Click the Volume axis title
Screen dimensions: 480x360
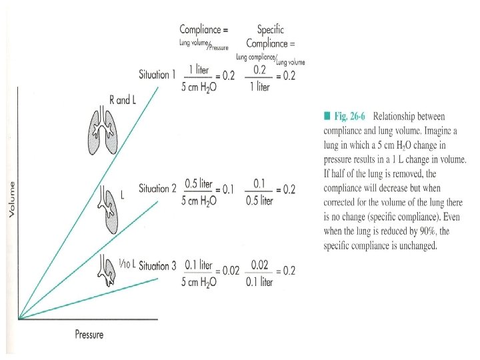click(x=11, y=200)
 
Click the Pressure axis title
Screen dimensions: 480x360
click(x=89, y=334)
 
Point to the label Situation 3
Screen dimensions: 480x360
click(x=159, y=265)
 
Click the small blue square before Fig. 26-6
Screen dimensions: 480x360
click(x=327, y=117)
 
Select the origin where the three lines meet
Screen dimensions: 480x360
click(x=19, y=318)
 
